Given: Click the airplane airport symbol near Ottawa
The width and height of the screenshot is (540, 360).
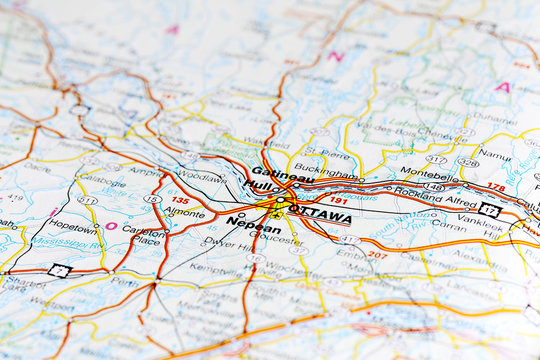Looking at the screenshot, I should pos(275,214).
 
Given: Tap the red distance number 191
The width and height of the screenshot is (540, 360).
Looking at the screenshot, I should pos(339,200).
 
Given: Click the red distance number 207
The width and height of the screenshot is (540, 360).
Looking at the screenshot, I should pos(378,255).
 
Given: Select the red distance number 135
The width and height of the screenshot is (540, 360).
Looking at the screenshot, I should pos(180,200).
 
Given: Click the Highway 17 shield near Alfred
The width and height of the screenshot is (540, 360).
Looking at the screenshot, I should pos(489,209).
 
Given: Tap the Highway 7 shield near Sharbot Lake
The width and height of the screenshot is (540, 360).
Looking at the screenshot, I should pos(60,270).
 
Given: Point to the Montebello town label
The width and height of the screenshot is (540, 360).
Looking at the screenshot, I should pos(429,175).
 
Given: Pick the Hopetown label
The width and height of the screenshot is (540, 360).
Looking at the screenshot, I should pos(73,226).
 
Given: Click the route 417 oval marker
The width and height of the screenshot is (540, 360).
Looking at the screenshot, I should pos(436,159).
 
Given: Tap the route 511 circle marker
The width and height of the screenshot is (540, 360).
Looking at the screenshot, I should pos(88,201).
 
